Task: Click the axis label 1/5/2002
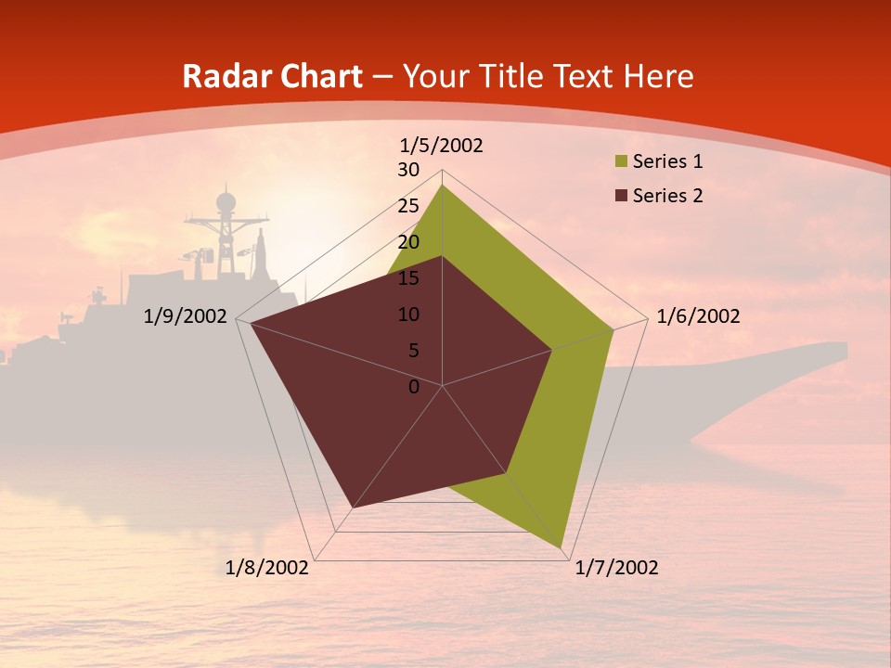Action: pyautogui.click(x=441, y=146)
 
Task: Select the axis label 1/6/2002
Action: pyautogui.click(x=698, y=316)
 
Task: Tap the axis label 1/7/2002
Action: pyautogui.click(x=616, y=568)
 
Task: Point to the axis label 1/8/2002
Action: pyautogui.click(x=267, y=568)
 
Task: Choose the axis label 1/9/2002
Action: pyautogui.click(x=186, y=316)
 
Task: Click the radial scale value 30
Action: pyautogui.click(x=408, y=170)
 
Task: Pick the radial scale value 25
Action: pyautogui.click(x=408, y=206)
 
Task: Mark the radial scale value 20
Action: pyautogui.click(x=408, y=242)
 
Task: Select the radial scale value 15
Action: pyautogui.click(x=408, y=278)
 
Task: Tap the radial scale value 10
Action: pyautogui.click(x=408, y=315)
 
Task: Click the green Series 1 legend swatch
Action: pyautogui.click(x=620, y=161)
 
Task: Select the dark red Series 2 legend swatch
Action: pyautogui.click(x=620, y=195)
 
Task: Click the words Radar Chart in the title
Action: pyautogui.click(x=272, y=76)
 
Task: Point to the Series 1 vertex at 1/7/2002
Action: pyautogui.click(x=562, y=547)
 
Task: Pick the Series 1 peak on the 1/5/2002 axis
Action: pyautogui.click(x=443, y=186)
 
